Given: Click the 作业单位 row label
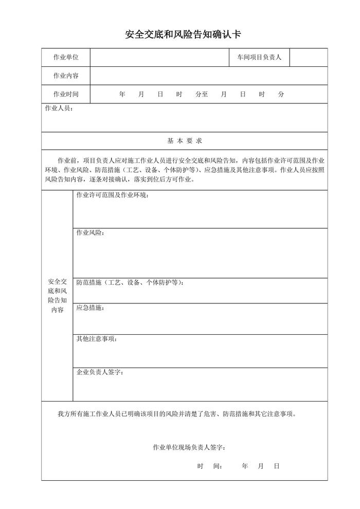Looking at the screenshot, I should click(x=66, y=58).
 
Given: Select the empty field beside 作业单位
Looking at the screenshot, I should click(x=159, y=58).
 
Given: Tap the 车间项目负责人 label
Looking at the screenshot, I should click(x=259, y=58).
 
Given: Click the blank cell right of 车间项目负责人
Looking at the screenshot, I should click(x=308, y=58).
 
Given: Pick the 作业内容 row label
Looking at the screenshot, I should click(x=66, y=76).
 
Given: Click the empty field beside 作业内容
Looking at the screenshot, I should click(x=208, y=76).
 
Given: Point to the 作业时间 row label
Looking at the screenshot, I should click(x=66, y=95).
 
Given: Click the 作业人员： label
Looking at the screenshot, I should click(x=59, y=109).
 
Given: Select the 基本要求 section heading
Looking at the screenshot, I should click(x=184, y=140).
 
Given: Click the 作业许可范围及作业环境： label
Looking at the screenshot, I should click(x=113, y=195).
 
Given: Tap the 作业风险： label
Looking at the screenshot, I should click(x=91, y=233).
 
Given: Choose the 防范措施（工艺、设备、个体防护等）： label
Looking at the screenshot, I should click(x=130, y=282).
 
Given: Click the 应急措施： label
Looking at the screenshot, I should click(x=91, y=307).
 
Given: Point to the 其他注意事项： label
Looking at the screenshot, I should click(x=97, y=339).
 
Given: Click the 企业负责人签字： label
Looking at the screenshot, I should click(x=100, y=372).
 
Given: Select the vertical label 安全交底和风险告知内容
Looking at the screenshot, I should click(x=57, y=296).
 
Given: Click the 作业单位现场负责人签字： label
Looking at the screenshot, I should click(x=189, y=447).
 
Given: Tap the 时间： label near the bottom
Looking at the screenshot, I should click(x=209, y=466).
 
